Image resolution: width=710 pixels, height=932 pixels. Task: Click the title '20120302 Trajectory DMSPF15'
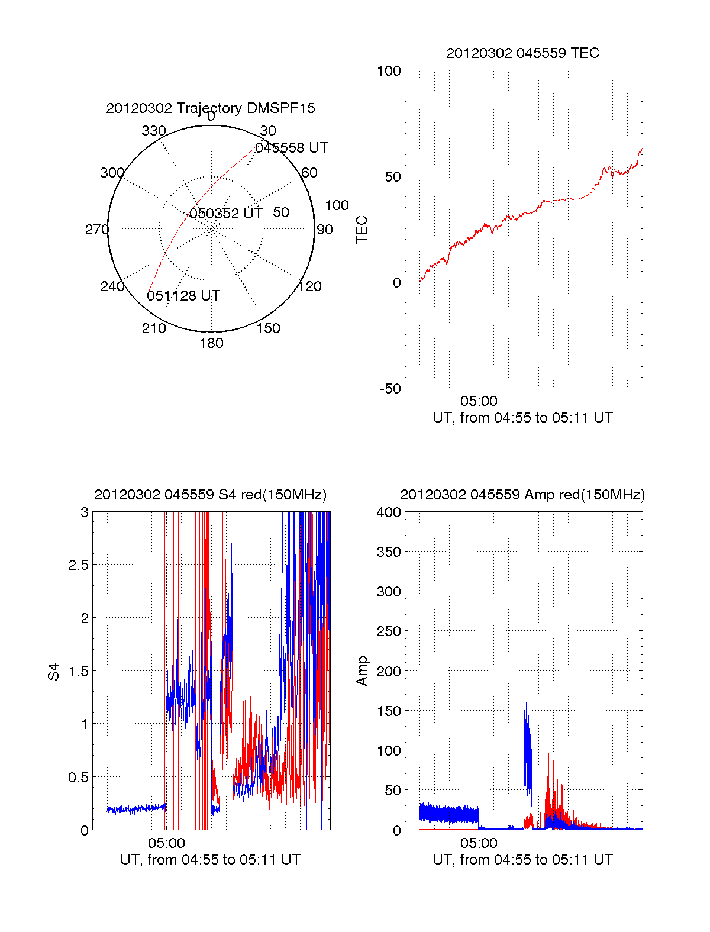[211, 108]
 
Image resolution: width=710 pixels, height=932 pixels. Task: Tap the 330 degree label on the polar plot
[154, 131]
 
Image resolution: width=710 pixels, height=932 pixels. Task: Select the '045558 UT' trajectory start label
[292, 148]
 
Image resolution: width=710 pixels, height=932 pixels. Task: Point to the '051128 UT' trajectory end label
[183, 296]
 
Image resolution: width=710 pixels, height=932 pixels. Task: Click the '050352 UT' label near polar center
[225, 214]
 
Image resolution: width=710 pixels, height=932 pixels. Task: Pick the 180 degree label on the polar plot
[211, 343]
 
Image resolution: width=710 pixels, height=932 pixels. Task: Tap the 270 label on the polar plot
[96, 230]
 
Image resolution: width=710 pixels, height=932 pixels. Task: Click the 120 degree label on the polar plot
[310, 286]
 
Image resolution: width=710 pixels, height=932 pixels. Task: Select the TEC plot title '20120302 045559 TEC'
[522, 53]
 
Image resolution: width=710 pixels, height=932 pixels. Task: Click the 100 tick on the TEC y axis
[389, 71]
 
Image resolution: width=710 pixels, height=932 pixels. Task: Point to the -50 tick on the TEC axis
[390, 389]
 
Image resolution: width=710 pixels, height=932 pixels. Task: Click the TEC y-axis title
[362, 230]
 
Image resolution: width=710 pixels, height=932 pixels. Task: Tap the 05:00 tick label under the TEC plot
[479, 401]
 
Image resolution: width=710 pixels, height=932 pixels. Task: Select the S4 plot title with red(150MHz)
[210, 495]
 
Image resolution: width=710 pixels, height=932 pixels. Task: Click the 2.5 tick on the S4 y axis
[78, 565]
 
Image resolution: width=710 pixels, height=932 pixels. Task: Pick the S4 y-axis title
[54, 672]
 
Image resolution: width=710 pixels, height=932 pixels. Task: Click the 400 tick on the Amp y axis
[389, 512]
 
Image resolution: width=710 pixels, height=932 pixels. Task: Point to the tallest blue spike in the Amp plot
[527, 663]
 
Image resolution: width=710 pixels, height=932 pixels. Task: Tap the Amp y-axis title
[362, 671]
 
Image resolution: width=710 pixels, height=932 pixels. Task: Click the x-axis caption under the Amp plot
[522, 860]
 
